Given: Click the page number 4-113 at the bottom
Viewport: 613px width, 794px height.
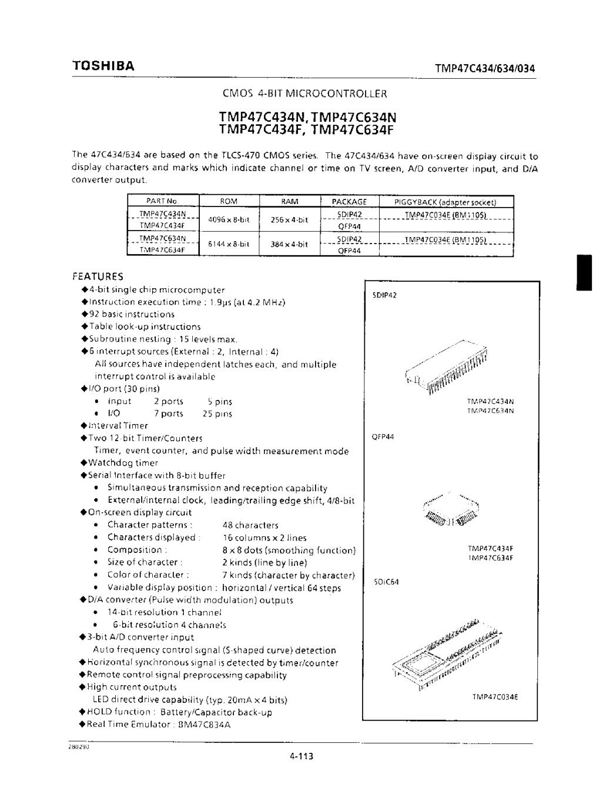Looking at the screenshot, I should (302, 756).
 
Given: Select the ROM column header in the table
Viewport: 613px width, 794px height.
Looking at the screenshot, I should (228, 202).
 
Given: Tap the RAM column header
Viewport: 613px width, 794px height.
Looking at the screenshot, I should (290, 202).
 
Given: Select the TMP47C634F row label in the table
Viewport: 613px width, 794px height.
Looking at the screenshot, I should (162, 250).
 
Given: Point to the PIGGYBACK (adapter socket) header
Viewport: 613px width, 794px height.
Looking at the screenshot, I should (446, 202).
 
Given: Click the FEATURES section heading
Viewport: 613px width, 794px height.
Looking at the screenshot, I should (98, 276).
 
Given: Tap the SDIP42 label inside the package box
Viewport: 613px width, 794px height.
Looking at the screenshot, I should (385, 295).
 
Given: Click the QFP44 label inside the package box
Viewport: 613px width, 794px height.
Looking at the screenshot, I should (383, 437).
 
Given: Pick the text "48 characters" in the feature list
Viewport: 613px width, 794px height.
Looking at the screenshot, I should (250, 525).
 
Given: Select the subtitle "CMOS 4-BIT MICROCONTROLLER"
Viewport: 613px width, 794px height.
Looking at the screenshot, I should (306, 94).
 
